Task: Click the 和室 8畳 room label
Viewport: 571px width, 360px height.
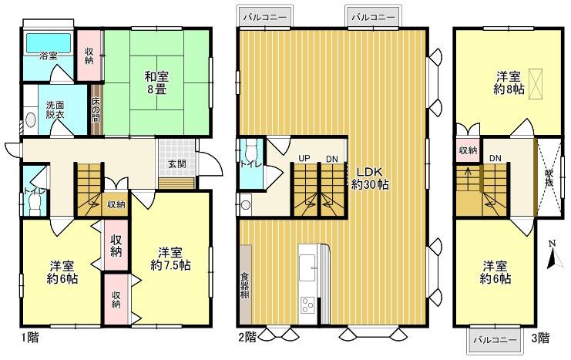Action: [x=156, y=82]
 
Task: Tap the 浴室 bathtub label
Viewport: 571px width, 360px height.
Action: [x=49, y=56]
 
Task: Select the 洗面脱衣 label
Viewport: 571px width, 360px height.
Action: [x=54, y=110]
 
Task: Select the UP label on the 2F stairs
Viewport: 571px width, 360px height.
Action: [x=304, y=158]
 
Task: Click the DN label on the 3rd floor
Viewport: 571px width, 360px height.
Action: [x=495, y=159]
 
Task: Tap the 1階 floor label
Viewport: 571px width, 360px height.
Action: [x=30, y=338]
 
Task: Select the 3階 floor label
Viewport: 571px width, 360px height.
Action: [x=539, y=337]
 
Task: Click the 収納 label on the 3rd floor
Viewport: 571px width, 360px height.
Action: [x=467, y=150]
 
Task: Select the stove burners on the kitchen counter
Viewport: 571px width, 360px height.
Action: [x=307, y=304]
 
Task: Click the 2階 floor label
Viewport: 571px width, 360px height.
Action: [x=247, y=336]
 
